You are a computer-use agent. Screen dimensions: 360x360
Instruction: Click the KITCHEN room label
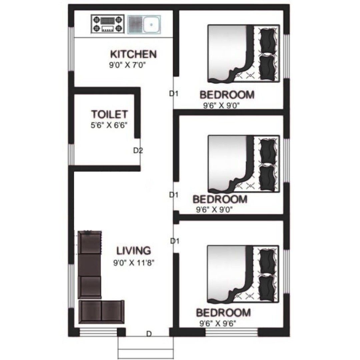point(133,54)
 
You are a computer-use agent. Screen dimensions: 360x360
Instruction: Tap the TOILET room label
point(109,114)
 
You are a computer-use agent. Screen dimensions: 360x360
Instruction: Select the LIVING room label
point(134,250)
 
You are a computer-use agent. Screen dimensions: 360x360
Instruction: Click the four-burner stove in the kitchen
point(108,24)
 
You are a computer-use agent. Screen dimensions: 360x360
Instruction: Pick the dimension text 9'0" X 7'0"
point(127,65)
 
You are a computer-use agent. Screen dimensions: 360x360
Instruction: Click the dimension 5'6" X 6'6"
point(109,125)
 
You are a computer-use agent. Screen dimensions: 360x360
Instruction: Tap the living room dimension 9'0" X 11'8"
point(134,262)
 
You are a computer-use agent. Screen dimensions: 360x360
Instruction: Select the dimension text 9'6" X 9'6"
point(218,323)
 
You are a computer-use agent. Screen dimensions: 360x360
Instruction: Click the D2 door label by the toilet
point(138,151)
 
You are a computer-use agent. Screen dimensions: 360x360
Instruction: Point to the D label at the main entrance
point(149,334)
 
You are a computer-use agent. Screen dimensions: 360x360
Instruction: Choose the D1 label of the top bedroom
point(174,94)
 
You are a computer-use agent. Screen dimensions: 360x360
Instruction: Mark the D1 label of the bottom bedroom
point(175,241)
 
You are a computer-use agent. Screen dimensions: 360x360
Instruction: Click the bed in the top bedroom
point(244,53)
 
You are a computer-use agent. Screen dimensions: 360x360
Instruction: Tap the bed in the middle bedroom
point(244,164)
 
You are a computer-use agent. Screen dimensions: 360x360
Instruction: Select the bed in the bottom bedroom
point(243,274)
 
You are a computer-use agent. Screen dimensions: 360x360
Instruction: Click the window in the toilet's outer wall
point(71,155)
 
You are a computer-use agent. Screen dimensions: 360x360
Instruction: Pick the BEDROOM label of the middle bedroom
point(220,199)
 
